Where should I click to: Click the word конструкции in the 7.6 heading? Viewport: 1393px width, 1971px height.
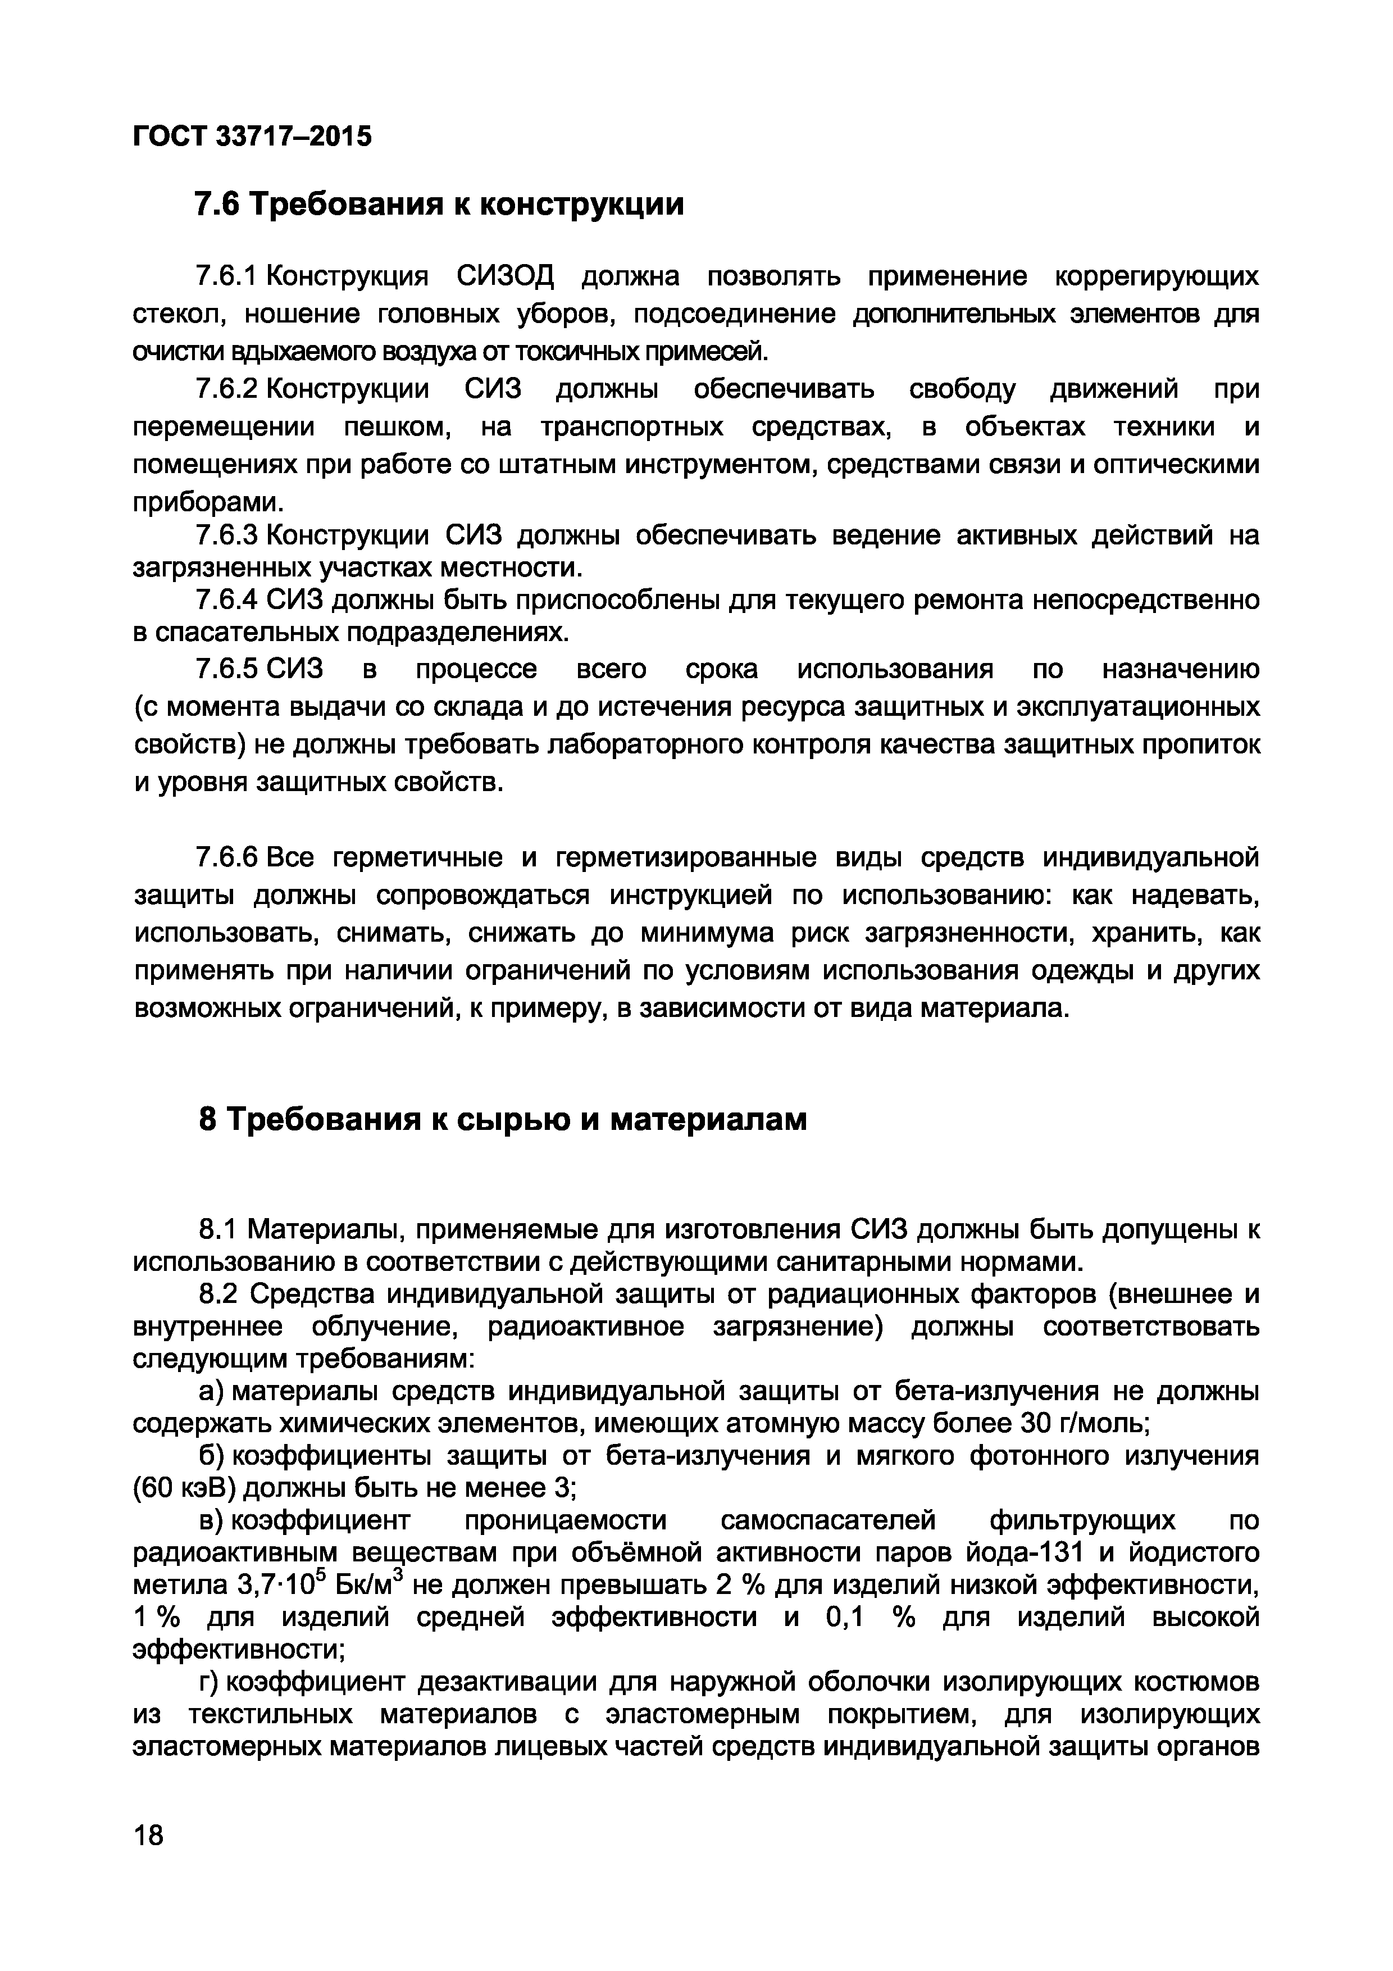579,205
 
